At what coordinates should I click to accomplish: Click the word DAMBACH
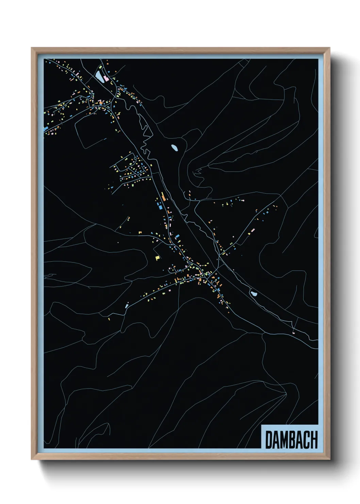[291, 440]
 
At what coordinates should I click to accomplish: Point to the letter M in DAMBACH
[283, 440]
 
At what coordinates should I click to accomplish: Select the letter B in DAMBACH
[292, 440]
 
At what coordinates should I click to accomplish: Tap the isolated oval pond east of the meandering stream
[174, 148]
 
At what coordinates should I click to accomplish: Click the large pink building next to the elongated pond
[106, 78]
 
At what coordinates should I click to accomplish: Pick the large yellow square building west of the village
[157, 258]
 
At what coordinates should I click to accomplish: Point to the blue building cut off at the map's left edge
[46, 129]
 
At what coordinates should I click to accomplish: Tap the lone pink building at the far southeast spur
[293, 332]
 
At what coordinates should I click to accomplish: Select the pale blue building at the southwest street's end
[127, 306]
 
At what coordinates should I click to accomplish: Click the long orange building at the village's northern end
[163, 196]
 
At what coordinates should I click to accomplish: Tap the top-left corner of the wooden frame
[32, 48]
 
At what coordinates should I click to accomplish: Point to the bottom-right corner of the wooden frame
[329, 459]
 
